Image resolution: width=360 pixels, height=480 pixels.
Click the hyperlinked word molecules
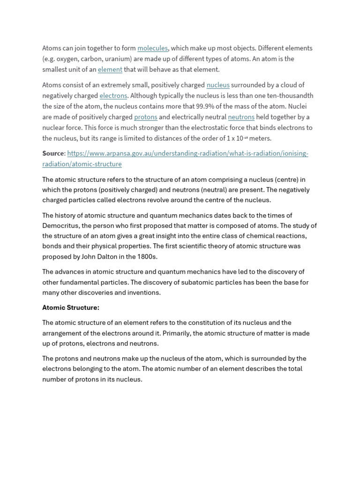click(152, 48)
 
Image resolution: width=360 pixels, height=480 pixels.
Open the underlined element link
click(110, 70)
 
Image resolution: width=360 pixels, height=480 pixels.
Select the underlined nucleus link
click(218, 85)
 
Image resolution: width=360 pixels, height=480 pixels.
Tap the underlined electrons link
click(113, 96)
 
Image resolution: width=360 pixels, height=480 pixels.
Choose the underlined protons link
click(145, 117)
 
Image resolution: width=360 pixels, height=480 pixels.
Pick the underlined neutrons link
click(241, 117)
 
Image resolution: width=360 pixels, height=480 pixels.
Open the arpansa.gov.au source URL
click(187, 154)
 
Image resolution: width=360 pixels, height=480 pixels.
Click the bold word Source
click(52, 154)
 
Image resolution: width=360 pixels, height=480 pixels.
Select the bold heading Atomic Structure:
click(71, 308)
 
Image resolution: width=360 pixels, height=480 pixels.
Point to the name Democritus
click(60, 225)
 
